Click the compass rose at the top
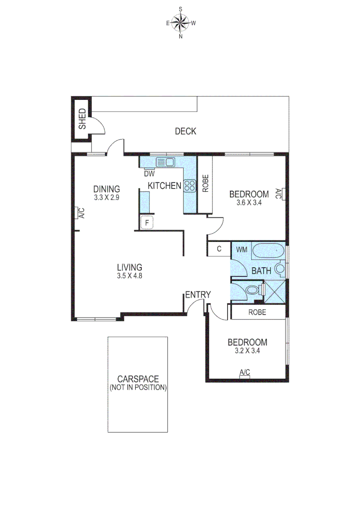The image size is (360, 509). tap(180, 22)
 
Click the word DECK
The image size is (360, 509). tap(185, 131)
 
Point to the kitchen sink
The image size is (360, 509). tap(165, 163)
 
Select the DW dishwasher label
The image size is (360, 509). tap(149, 173)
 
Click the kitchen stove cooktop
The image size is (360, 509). tap(189, 186)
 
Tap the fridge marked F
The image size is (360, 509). tap(147, 222)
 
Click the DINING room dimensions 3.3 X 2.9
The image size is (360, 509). tap(106, 198)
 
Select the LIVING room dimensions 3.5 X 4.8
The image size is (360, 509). tap(130, 276)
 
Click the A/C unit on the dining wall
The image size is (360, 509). tap(76, 213)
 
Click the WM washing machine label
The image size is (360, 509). tap(241, 249)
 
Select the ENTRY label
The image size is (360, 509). tap(197, 295)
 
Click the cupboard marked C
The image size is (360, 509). tap(219, 249)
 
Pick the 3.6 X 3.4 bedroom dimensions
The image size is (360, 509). tap(249, 203)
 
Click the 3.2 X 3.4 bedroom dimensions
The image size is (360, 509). tap(247, 351)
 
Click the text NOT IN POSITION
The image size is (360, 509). tap(138, 388)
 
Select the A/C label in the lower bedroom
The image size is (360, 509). tap(245, 373)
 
